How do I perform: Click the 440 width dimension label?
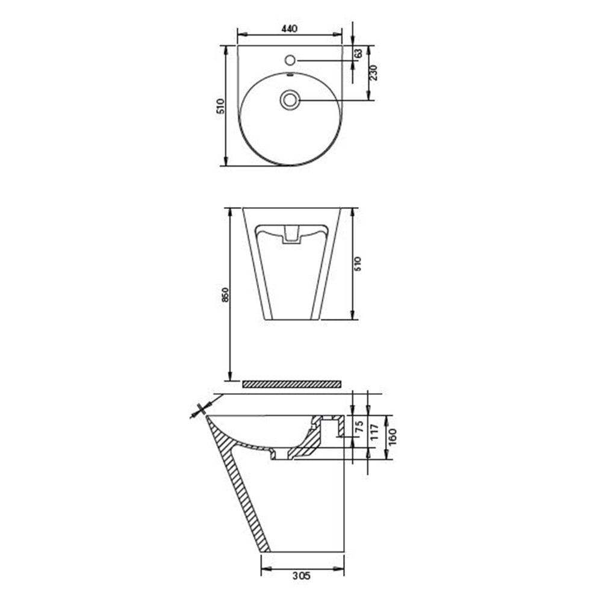[290, 28]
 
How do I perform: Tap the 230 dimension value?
[373, 73]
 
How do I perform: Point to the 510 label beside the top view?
[220, 106]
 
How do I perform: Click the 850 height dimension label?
[225, 294]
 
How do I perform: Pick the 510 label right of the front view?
[358, 264]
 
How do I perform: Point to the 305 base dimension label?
[302, 576]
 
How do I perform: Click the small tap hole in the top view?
[290, 60]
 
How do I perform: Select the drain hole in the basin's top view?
[290, 99]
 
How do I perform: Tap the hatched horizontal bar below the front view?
[291, 383]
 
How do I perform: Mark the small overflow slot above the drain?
[290, 76]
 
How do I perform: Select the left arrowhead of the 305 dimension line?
[264, 566]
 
